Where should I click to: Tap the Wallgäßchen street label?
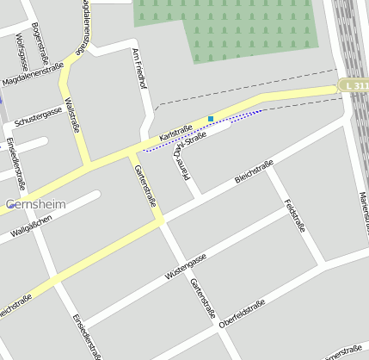(32, 226)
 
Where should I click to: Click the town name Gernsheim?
(35, 205)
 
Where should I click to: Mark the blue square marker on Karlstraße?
(211, 119)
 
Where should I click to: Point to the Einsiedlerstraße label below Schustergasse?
(16, 163)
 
